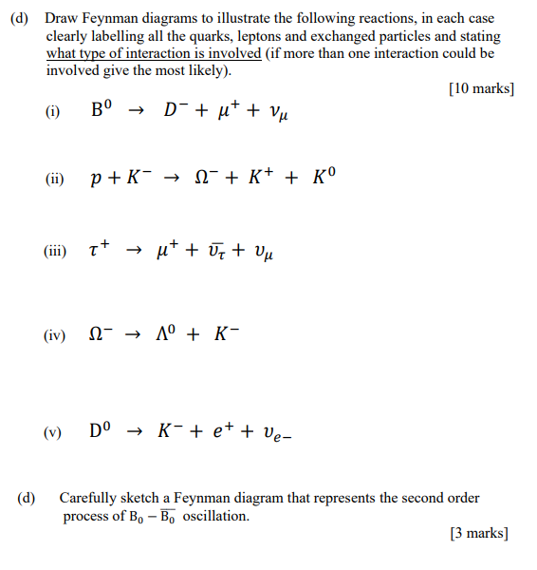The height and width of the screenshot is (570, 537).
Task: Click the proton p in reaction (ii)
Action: [97, 179]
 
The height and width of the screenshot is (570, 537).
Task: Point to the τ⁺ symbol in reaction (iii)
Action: [100, 250]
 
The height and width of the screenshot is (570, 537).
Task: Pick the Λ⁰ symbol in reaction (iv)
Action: [165, 335]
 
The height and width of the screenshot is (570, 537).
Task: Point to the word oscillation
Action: [215, 516]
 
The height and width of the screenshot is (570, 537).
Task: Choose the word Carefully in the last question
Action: [86, 498]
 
